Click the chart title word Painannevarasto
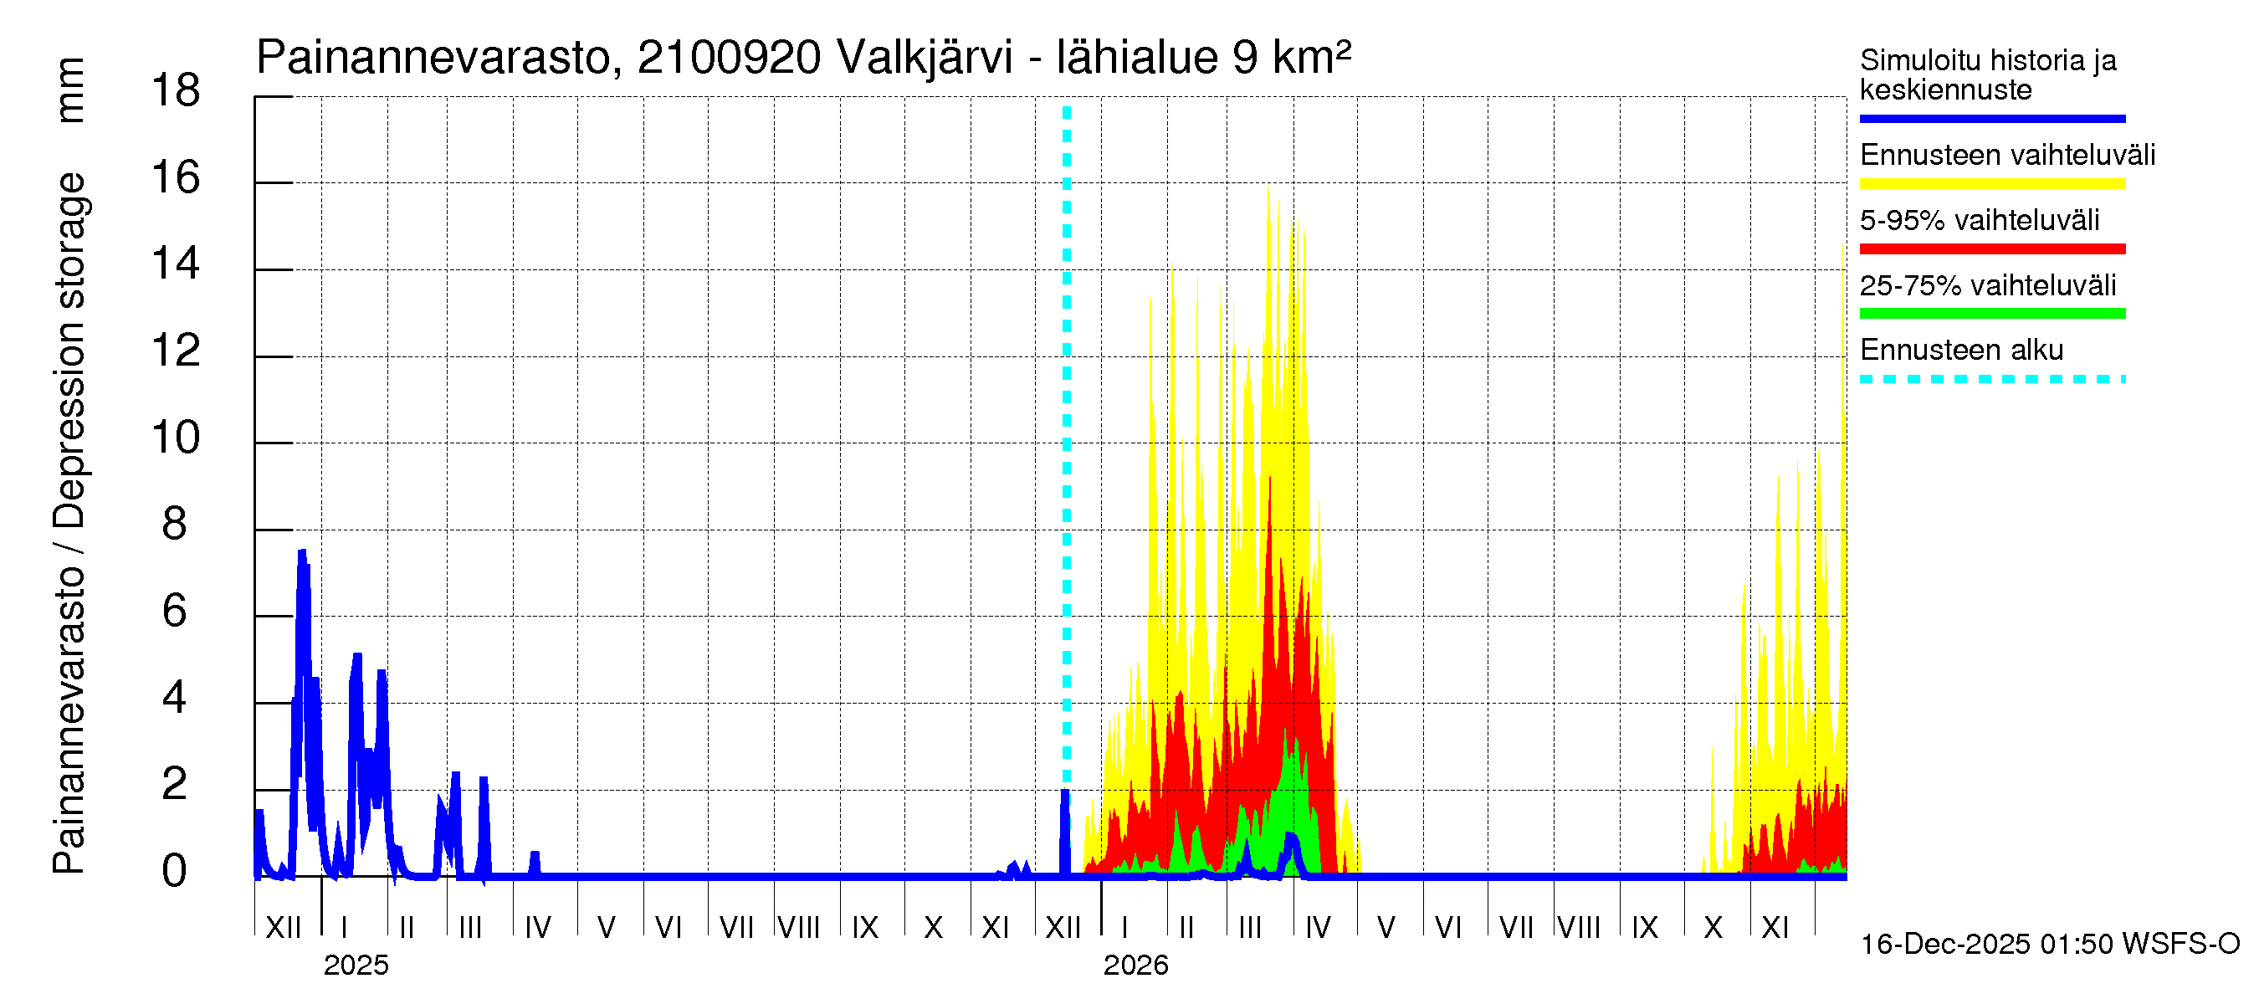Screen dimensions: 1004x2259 click(433, 58)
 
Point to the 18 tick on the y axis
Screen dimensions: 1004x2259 click(176, 91)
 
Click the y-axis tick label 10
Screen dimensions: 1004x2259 click(176, 438)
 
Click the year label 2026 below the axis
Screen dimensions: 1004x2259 click(1135, 966)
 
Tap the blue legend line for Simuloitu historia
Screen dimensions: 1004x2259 click(1991, 118)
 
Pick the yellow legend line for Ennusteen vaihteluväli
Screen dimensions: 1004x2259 click(1991, 184)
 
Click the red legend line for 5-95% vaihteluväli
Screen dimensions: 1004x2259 click(1991, 249)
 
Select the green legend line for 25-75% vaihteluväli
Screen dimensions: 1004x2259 click(1991, 314)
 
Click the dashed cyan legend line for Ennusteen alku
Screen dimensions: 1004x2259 click(1991, 380)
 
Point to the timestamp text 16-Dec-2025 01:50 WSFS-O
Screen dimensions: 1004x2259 click(2049, 945)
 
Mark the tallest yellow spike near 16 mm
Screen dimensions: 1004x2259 click(1268, 188)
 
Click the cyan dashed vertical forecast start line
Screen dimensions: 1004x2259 click(1067, 438)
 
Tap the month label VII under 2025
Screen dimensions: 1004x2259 click(735, 928)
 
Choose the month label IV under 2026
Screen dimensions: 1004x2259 click(1317, 928)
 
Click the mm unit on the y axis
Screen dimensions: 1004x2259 click(70, 90)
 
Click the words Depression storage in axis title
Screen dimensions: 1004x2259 click(70, 351)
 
